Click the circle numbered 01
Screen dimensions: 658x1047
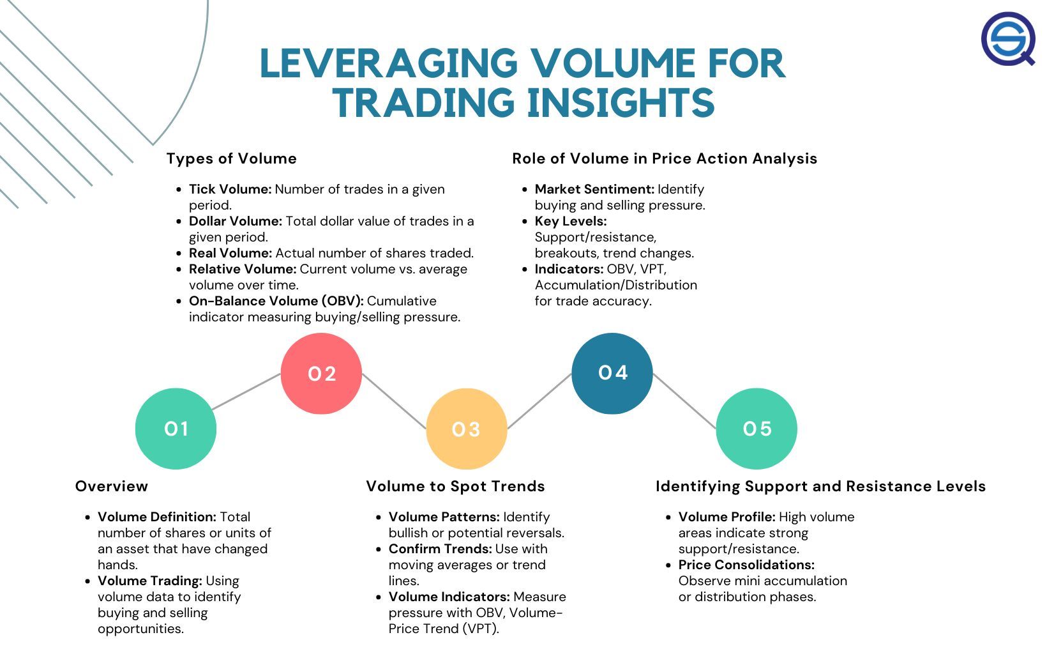point(176,429)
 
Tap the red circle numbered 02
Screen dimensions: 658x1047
point(321,374)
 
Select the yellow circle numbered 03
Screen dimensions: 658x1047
point(466,429)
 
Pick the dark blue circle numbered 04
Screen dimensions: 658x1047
point(612,373)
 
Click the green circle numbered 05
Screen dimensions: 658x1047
point(757,429)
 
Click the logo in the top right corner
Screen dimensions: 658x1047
point(1009,39)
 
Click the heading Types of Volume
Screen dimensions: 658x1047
point(232,158)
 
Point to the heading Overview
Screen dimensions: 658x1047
point(112,486)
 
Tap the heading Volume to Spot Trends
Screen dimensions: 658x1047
point(455,486)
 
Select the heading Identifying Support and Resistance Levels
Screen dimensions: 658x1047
point(820,486)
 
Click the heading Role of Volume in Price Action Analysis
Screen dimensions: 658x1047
point(665,158)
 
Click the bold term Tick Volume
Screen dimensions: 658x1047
point(230,189)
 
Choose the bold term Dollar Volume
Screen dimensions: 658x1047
point(235,221)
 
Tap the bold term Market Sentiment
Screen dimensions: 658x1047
point(594,189)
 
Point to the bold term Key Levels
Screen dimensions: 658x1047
point(570,221)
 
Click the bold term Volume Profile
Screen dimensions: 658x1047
point(727,517)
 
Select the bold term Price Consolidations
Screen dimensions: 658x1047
point(746,565)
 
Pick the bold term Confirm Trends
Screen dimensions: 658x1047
point(440,549)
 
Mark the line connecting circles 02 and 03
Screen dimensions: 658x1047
point(394,401)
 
